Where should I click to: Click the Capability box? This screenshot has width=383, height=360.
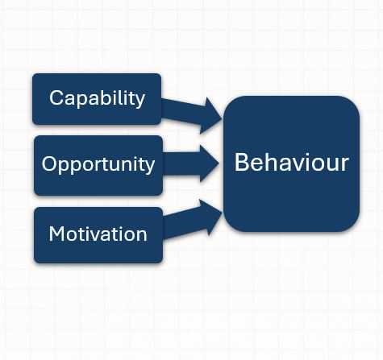click(97, 99)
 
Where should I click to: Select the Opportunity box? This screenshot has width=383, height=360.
click(98, 165)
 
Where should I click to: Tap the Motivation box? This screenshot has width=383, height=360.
click(98, 235)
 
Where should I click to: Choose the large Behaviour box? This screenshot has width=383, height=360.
click(292, 163)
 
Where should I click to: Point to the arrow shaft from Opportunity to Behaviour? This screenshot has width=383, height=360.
click(181, 163)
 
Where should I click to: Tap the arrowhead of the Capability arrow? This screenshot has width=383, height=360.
click(211, 116)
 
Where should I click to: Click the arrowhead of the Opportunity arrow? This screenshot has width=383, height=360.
click(208, 163)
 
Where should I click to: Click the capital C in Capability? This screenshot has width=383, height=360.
click(56, 97)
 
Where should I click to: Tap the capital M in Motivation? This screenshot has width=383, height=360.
click(56, 234)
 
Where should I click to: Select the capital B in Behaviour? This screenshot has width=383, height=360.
click(242, 162)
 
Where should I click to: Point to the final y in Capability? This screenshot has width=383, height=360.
click(140, 101)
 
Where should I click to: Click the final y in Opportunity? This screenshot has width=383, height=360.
click(150, 167)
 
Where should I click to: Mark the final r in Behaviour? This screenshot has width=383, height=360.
click(344, 164)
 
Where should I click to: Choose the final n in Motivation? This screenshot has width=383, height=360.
click(141, 236)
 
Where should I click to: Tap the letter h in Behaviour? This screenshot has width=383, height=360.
click(269, 161)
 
